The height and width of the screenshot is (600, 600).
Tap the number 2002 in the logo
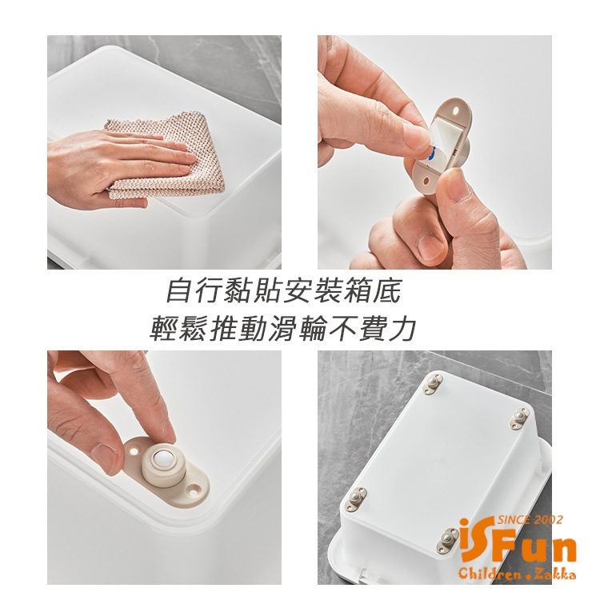coord(550,520)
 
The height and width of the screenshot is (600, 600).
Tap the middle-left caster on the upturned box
coord(356,498)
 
